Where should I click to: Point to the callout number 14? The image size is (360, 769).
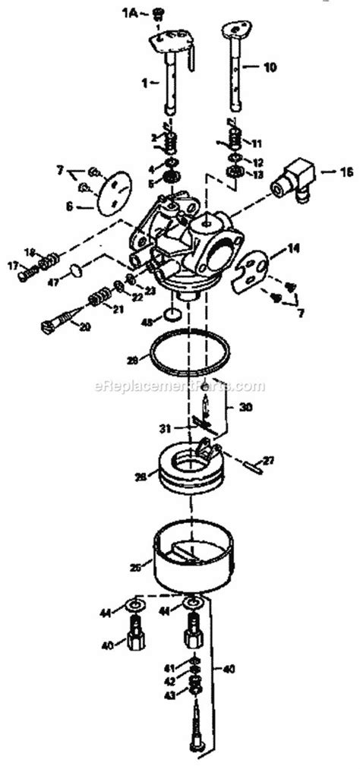pos(292,248)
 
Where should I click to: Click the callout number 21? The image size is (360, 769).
pos(117,309)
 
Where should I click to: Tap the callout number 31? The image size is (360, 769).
pos(164,428)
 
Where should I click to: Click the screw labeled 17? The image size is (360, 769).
pos(25,267)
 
